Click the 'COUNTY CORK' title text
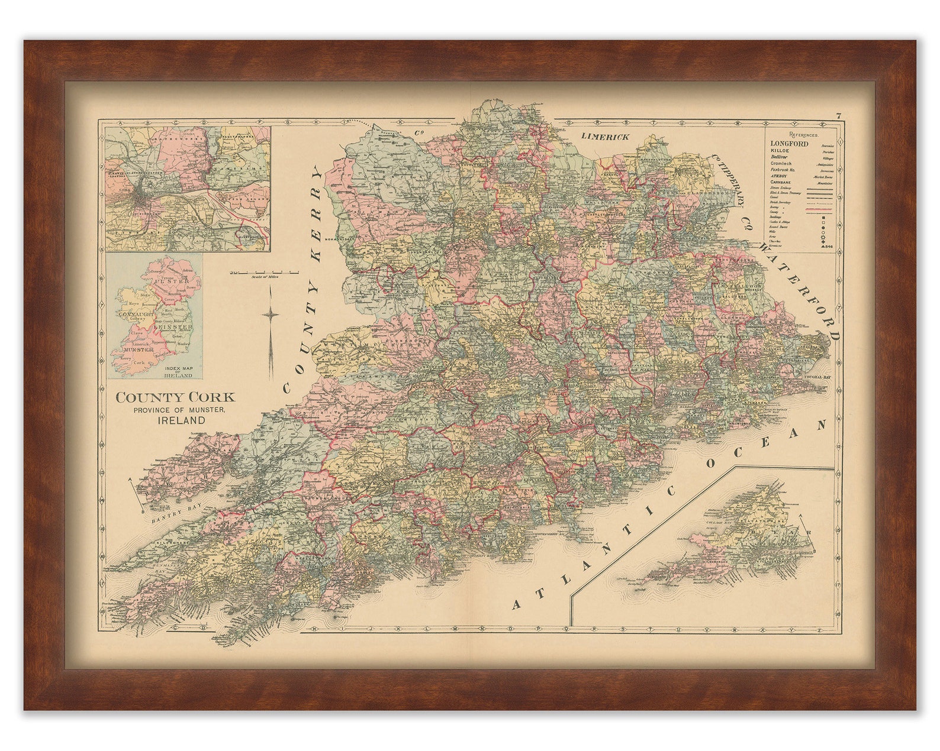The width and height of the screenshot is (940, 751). [x=175, y=397]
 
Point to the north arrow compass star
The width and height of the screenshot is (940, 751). [x=271, y=315]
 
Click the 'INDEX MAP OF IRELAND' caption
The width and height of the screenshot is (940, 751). [x=178, y=371]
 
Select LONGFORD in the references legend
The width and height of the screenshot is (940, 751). [x=789, y=144]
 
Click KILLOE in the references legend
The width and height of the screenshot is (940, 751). [x=781, y=152]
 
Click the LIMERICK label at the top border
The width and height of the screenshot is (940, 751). [x=604, y=137]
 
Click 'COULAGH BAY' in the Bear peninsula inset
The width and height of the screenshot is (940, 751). [x=718, y=523]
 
